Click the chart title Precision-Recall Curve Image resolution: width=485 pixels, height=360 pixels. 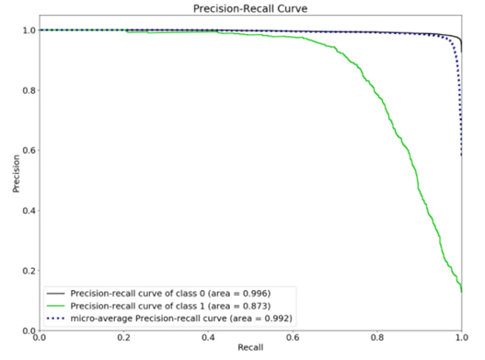(250, 8)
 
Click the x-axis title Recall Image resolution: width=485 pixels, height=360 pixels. (250, 348)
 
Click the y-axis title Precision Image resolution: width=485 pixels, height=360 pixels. (16, 174)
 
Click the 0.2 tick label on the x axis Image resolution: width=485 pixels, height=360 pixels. (123, 337)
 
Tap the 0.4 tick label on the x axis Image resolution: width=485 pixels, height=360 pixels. (208, 337)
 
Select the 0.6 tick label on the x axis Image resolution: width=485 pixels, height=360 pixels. (293, 337)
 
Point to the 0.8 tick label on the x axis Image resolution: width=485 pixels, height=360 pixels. (377, 337)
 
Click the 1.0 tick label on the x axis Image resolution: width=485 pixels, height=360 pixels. (461, 337)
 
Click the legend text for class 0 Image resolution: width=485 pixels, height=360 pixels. (170, 293)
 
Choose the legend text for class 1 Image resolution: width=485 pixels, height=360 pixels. (170, 306)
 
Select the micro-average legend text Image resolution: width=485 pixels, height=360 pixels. (181, 319)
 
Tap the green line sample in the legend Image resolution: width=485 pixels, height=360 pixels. (55, 306)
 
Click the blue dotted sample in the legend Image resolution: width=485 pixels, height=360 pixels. (55, 319)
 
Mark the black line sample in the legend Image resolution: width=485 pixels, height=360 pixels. (55, 293)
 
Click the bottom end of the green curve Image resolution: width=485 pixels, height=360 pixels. (461, 292)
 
